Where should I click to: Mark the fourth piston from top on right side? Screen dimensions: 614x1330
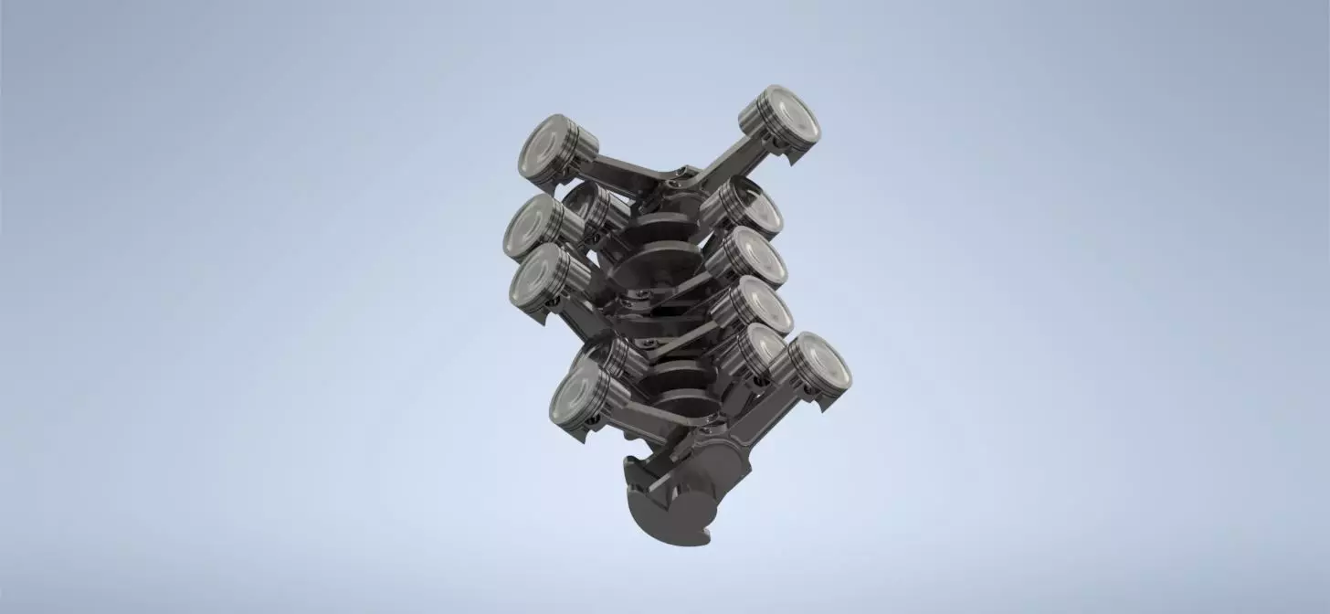click(x=762, y=306)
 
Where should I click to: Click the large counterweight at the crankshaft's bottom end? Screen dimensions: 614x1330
click(x=667, y=512)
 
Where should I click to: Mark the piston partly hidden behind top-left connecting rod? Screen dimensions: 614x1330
click(x=589, y=206)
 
